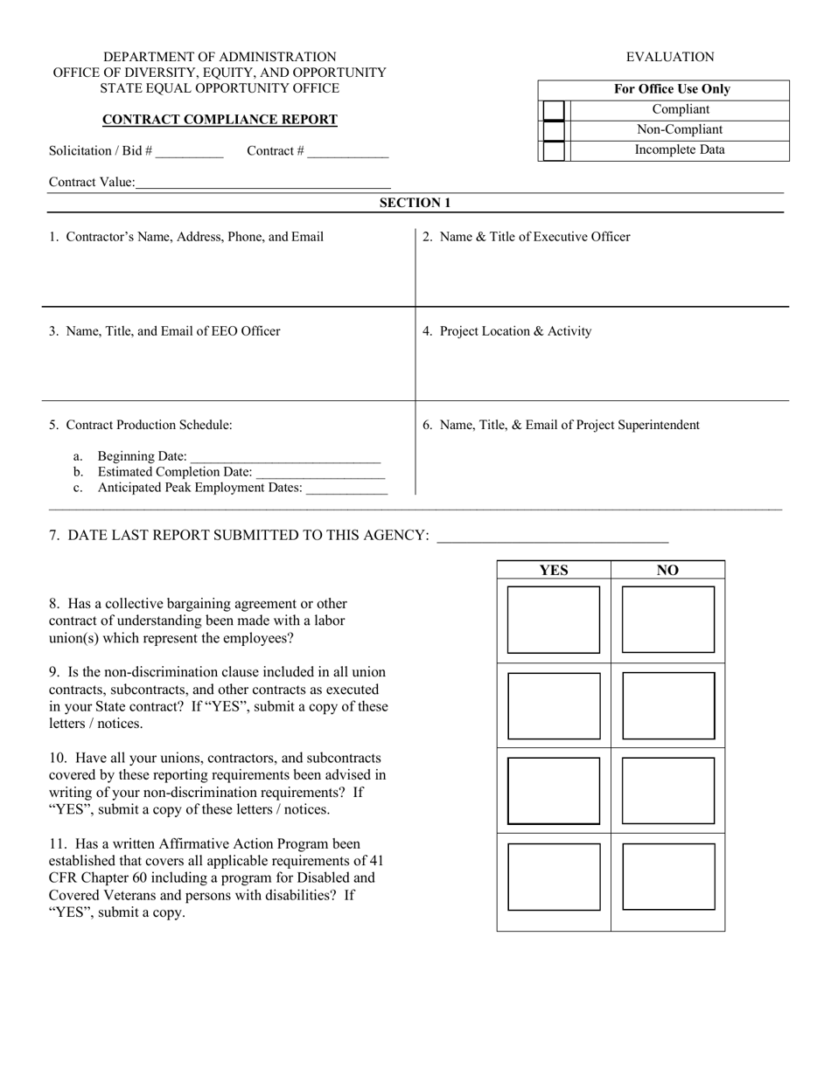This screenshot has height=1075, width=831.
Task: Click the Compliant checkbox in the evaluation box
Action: (x=553, y=110)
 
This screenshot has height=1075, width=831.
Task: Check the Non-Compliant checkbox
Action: (x=553, y=130)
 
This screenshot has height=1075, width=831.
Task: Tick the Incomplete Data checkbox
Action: (x=553, y=150)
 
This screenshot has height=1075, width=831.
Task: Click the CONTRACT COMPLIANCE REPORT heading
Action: (x=220, y=120)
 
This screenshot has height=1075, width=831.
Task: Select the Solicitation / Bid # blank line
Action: (x=190, y=152)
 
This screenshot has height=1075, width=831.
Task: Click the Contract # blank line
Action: (x=347, y=152)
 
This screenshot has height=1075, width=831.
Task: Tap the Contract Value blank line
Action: (x=263, y=184)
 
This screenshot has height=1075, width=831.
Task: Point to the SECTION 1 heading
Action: (x=415, y=203)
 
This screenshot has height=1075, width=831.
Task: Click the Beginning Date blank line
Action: (x=285, y=457)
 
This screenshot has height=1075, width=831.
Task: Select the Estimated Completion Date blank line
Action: (x=319, y=473)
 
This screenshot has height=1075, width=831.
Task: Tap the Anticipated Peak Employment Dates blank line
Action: (x=346, y=489)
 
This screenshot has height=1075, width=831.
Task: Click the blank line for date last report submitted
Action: (x=552, y=537)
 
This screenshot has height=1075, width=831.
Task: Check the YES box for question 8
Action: (x=554, y=620)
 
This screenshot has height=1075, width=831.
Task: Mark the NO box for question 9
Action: (x=667, y=705)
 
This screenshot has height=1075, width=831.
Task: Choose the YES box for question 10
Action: (x=554, y=790)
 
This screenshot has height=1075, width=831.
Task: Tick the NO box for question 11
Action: (x=667, y=876)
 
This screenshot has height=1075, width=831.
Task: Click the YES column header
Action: (x=554, y=571)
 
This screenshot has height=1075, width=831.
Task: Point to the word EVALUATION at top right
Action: (x=670, y=58)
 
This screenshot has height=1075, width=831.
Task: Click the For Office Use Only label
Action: (x=672, y=89)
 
